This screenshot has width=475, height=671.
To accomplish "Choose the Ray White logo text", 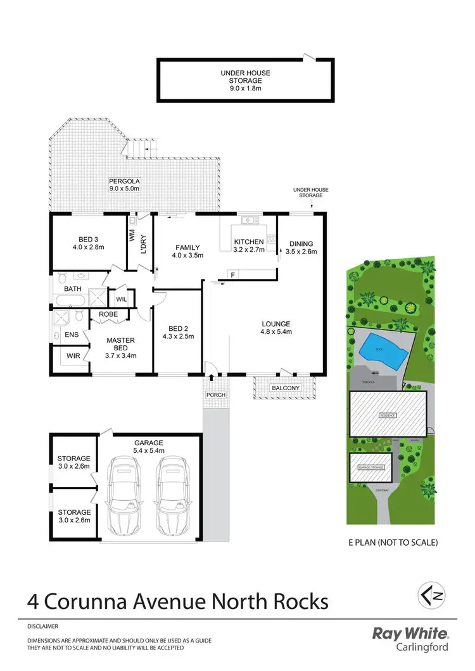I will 410,634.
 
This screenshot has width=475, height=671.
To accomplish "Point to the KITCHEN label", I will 248,242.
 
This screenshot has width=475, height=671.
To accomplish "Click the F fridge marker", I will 233,274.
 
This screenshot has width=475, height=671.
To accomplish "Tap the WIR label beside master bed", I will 73,356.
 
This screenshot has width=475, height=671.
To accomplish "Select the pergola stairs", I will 140,149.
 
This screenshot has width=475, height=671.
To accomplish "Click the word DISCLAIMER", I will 43,626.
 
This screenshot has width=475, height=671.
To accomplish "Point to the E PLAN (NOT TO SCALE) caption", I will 393,542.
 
